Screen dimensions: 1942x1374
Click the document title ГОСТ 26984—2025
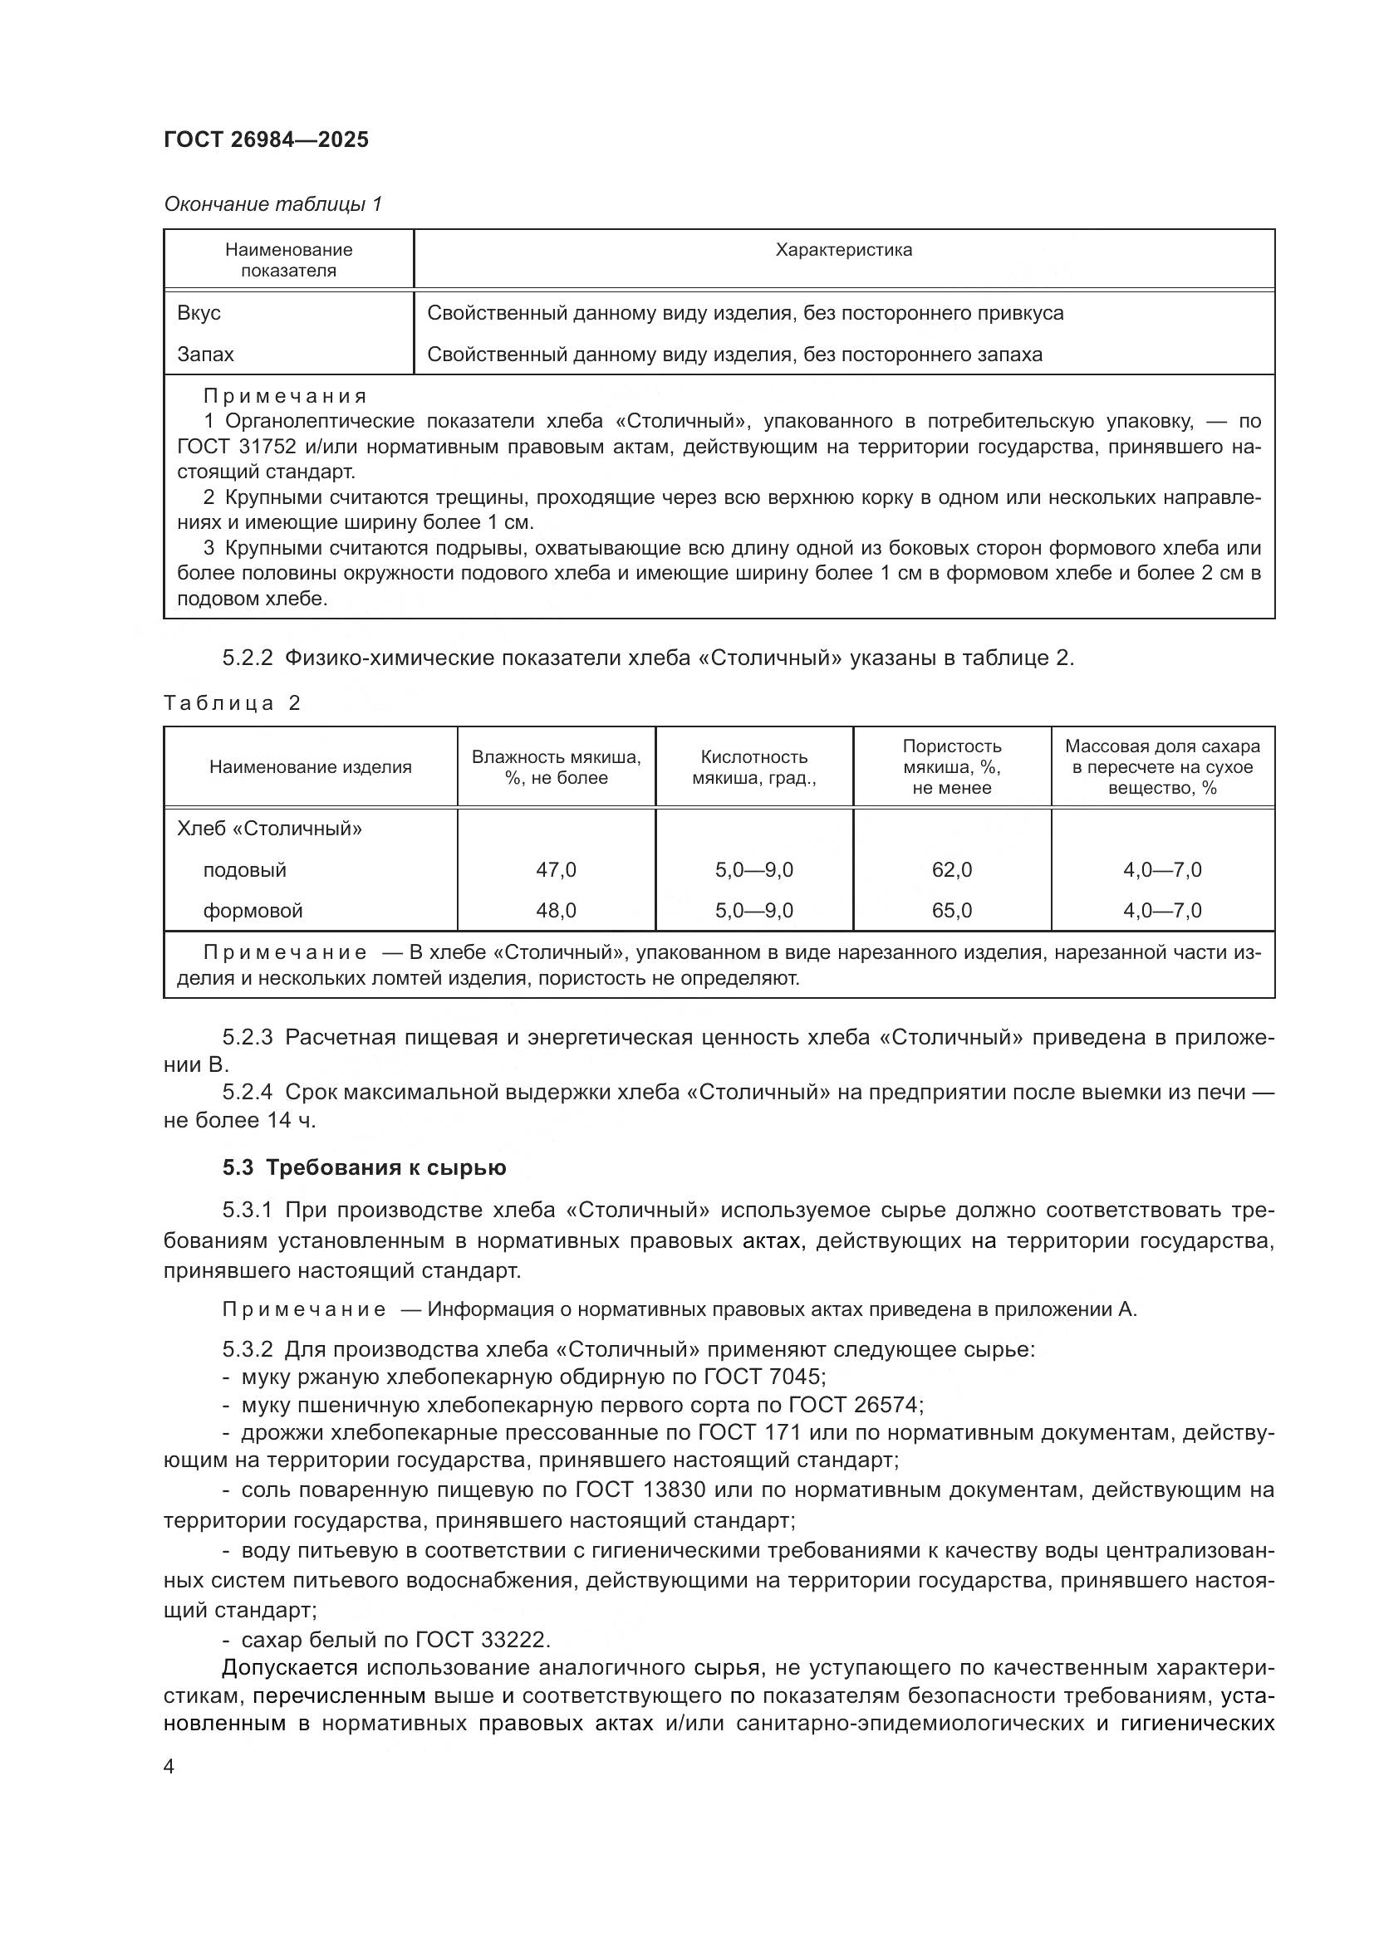(x=267, y=139)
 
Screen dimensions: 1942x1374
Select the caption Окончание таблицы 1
(x=272, y=204)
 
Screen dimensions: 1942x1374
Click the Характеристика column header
(x=843, y=250)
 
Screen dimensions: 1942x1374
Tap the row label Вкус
(x=199, y=313)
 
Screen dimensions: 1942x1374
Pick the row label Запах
(x=204, y=355)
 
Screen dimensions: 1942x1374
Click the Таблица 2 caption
(x=232, y=703)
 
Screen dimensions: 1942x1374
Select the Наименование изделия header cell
(x=310, y=767)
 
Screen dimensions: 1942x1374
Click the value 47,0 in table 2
(x=556, y=869)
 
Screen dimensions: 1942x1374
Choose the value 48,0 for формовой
(x=556, y=911)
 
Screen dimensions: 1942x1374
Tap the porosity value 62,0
(x=952, y=869)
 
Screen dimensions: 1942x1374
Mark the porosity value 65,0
(x=952, y=911)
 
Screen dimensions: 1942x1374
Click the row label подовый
(x=244, y=869)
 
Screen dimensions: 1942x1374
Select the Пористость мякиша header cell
(x=952, y=766)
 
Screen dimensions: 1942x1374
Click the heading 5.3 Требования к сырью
(x=364, y=1168)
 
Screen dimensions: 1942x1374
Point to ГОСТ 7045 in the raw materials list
(x=764, y=1376)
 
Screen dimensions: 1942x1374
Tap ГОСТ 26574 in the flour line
(x=855, y=1405)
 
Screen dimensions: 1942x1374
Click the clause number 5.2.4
(x=247, y=1092)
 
